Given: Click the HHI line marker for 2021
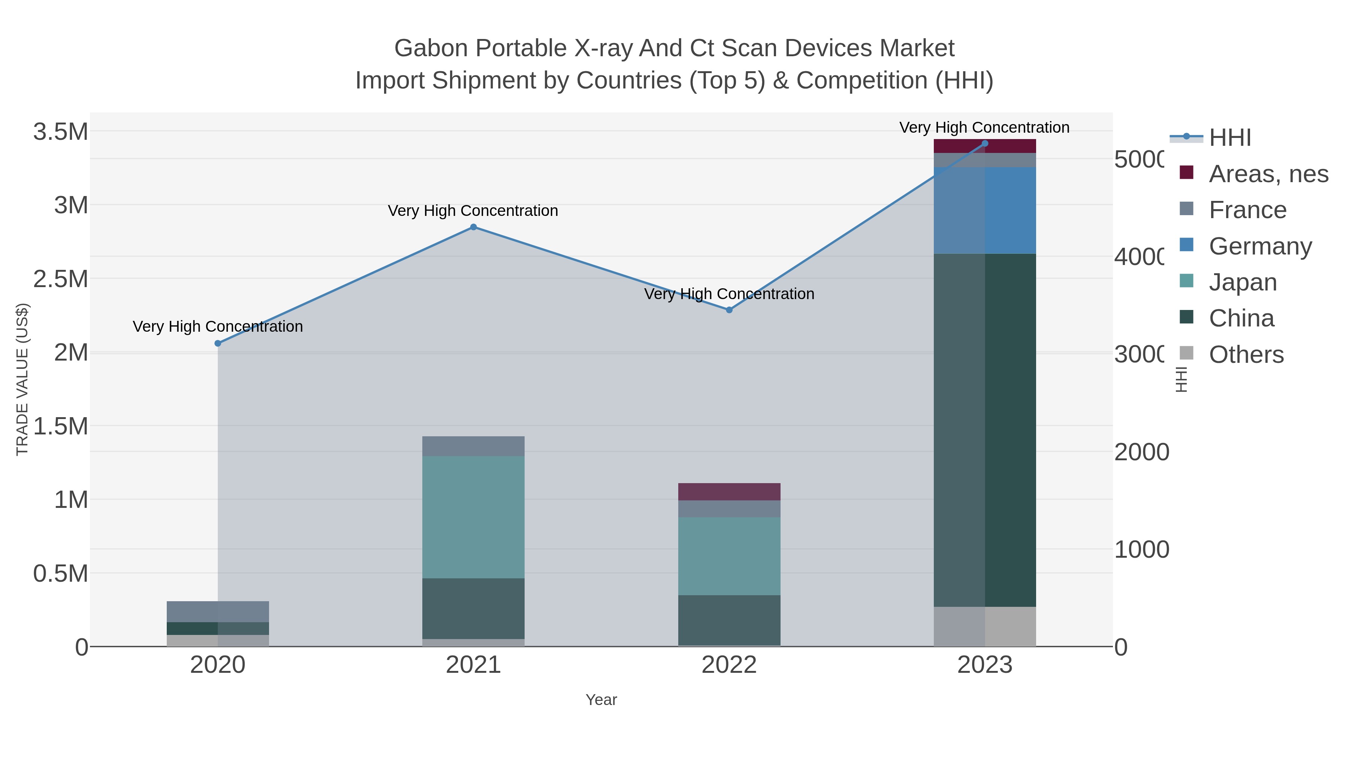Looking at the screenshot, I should click(x=473, y=227).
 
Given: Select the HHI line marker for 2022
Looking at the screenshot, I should click(x=729, y=310).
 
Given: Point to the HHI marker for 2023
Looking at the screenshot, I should click(x=984, y=144).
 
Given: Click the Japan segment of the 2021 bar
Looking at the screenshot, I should click(x=473, y=517).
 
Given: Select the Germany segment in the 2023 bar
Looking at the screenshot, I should click(x=984, y=211).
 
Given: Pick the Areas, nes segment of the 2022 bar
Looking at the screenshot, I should click(x=729, y=492).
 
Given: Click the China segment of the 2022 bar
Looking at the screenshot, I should click(x=729, y=620).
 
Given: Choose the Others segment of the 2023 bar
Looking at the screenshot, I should click(x=984, y=626).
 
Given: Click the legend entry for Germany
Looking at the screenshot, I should click(x=1259, y=246).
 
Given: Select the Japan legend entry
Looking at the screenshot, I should click(x=1242, y=282).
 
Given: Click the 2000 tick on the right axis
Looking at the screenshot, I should click(x=1141, y=452).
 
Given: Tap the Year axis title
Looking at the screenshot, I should click(x=601, y=700).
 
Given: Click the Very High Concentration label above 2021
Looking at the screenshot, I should click(x=473, y=211).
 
